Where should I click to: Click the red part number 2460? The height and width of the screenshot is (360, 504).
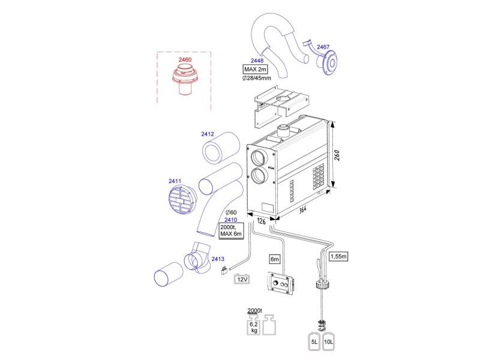pos(185,59)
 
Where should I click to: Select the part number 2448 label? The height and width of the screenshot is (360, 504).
pos(257,61)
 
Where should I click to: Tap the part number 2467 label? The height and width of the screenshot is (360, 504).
pos(323,47)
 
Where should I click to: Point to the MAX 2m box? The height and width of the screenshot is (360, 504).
pos(255,69)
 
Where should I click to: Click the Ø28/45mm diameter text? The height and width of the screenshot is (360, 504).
pos(257,78)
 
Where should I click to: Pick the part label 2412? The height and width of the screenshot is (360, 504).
pos(208,134)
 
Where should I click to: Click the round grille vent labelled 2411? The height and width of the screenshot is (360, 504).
pos(182,200)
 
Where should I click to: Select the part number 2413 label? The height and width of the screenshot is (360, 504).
pos(218,259)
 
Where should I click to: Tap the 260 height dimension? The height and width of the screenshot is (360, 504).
pos(337,155)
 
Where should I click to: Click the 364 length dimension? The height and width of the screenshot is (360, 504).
pos(302,209)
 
